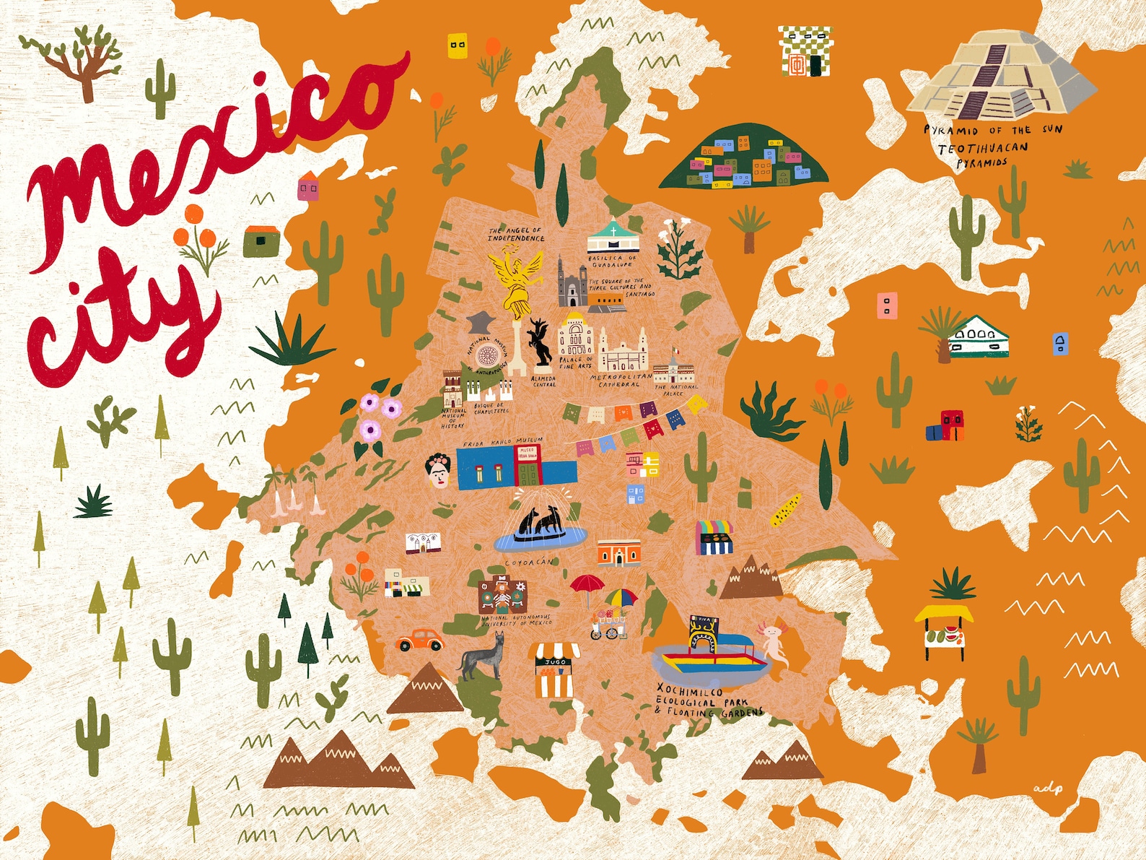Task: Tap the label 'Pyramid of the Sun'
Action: coord(993,130)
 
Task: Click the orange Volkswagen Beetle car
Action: coord(419,640)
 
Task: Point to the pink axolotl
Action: coord(773,643)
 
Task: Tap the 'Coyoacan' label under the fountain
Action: coord(528,562)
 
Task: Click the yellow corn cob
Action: coord(785,509)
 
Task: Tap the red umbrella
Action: coord(587,583)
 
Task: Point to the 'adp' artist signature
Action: coord(1048,789)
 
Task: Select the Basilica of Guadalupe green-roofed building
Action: coord(613,238)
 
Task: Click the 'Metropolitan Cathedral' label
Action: coord(620,381)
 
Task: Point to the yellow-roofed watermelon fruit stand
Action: coord(944,630)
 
